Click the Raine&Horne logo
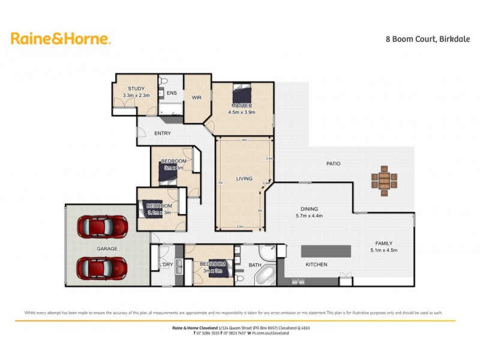[60, 39]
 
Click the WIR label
[196, 97]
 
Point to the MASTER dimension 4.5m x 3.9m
[242, 112]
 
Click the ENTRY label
[162, 133]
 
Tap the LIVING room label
[244, 179]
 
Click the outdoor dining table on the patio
[385, 180]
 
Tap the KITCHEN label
[317, 264]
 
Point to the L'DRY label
[166, 265]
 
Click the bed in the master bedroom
[243, 94]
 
